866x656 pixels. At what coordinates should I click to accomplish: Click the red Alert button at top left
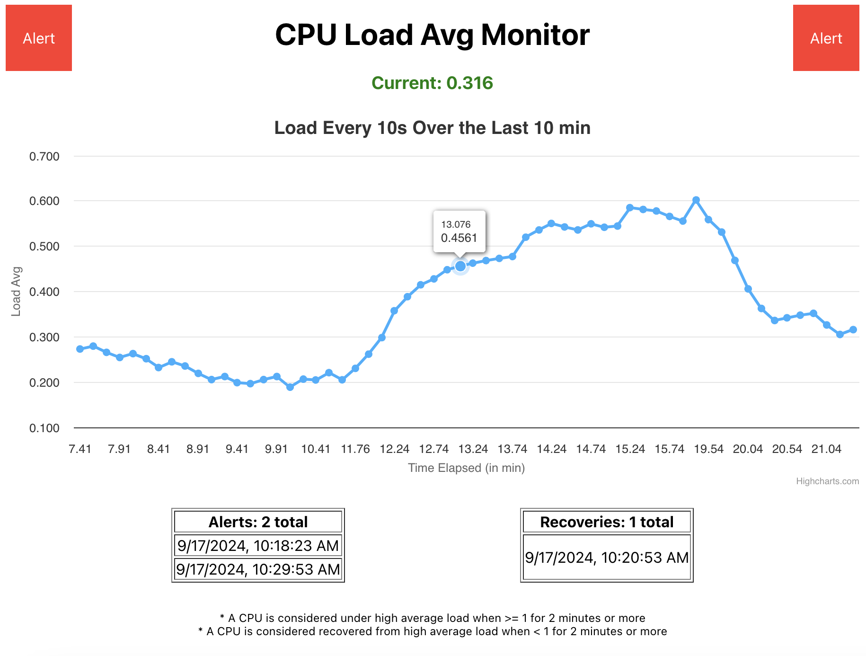(39, 38)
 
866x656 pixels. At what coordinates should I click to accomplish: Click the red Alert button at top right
(826, 38)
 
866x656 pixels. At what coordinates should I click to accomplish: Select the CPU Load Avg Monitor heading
(432, 35)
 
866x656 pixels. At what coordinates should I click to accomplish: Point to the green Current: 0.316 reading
(432, 83)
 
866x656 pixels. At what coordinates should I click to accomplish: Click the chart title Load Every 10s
(432, 128)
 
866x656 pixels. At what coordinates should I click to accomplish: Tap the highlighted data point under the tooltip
(460, 266)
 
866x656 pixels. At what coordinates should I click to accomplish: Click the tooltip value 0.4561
(459, 238)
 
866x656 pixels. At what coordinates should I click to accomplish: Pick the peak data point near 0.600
(696, 200)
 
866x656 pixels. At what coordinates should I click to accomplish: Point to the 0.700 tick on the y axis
(44, 156)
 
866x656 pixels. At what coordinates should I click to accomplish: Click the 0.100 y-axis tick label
(44, 428)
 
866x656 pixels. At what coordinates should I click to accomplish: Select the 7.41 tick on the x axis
(80, 449)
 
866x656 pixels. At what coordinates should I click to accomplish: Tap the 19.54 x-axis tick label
(708, 449)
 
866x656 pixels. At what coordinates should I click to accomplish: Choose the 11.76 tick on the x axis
(355, 449)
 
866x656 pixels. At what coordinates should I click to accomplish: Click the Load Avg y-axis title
(16, 292)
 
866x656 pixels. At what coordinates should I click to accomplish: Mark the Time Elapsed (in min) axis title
(466, 468)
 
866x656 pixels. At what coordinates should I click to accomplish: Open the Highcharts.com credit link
(827, 481)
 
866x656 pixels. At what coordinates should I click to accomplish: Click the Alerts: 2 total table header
(258, 522)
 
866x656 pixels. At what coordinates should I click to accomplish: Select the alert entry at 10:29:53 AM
(258, 569)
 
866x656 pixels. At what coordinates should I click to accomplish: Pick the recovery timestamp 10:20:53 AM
(607, 557)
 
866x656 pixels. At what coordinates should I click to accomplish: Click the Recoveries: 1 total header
(607, 522)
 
